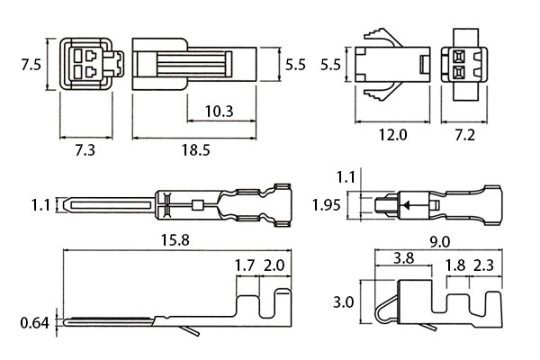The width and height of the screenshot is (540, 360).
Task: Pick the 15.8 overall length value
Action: tap(174, 240)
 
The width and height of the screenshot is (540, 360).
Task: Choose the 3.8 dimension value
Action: tap(405, 259)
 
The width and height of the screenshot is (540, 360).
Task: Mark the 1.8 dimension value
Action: tap(455, 265)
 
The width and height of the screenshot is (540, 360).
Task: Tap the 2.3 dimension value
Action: tap(485, 265)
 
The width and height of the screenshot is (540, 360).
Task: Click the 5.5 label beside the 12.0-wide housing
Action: tap(330, 66)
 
